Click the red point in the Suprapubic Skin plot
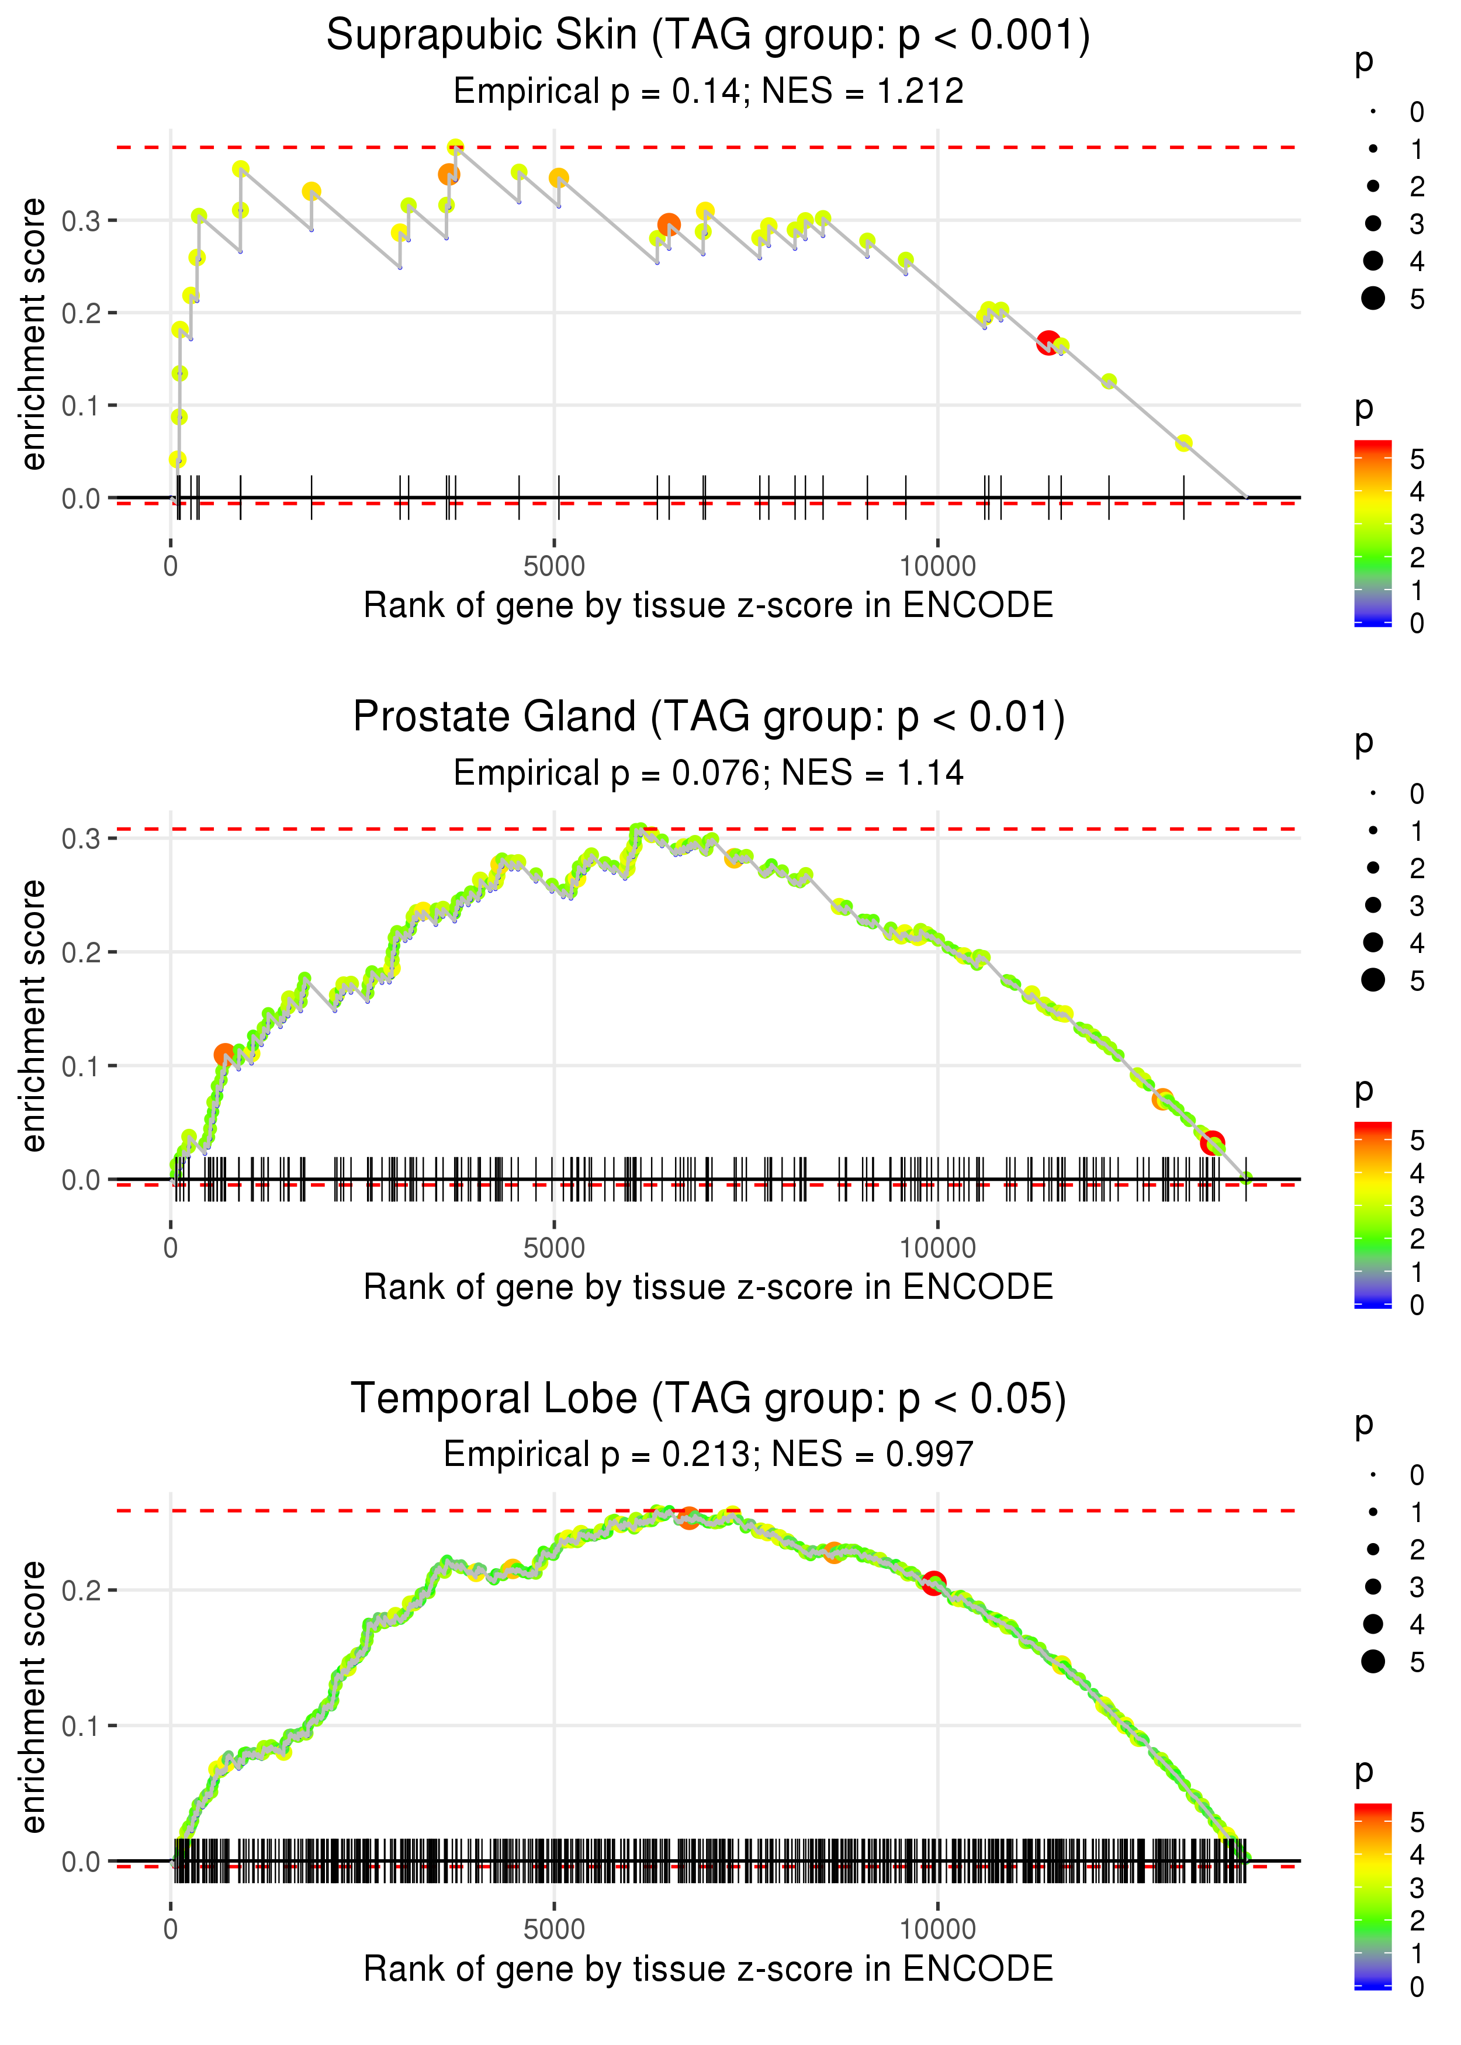(1048, 342)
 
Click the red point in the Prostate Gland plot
(1212, 1142)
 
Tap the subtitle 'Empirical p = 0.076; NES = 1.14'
(708, 772)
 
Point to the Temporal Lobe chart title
(708, 1398)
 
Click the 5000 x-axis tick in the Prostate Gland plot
(554, 1247)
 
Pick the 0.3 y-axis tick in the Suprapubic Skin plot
(80, 220)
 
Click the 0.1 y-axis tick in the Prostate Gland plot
(80, 1066)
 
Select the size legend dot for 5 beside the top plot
(1373, 297)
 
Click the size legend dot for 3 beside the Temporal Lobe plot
(1373, 1586)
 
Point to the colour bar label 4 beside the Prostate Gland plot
(1417, 1173)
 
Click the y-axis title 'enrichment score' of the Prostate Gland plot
(33, 1015)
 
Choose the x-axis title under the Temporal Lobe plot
(708, 1968)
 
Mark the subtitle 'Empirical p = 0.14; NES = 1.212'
(708, 91)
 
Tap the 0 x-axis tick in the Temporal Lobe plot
(171, 1929)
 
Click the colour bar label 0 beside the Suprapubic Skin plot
(1417, 623)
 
